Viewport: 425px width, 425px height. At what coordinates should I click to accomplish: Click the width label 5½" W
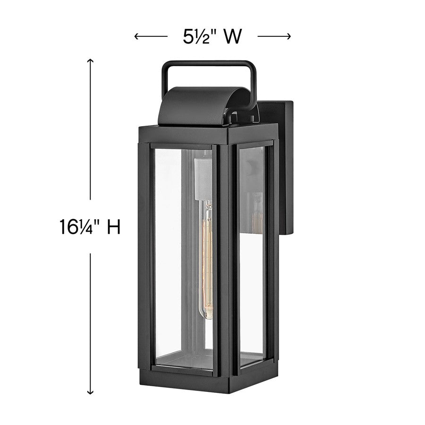[212, 36]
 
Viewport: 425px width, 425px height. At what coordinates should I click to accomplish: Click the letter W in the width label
[232, 36]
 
